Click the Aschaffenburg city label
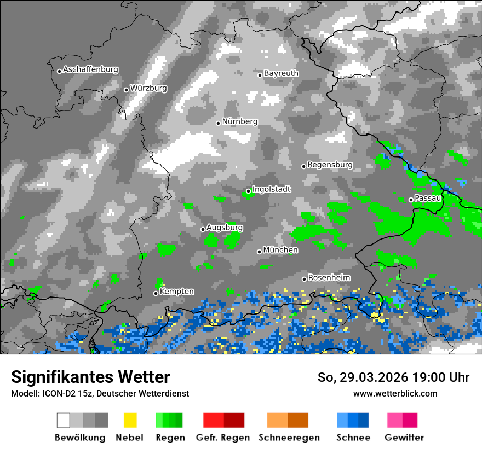coord(90,70)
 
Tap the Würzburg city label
coord(148,88)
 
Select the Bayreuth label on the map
coord(281,73)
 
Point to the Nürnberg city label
coord(240,121)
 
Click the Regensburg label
coord(330,165)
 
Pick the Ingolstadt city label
coord(272,189)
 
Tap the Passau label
coord(428,198)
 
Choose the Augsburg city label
coord(225,228)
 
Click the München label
coord(280,250)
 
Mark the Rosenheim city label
coord(329,278)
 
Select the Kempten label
coord(176,292)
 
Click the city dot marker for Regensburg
coord(303,166)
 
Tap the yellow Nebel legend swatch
coord(130,420)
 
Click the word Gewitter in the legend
coord(404,438)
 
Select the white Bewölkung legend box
coord(64,420)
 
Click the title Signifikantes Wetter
coord(90,377)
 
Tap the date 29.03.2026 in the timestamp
coord(366,377)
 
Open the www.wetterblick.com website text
coord(395,393)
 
